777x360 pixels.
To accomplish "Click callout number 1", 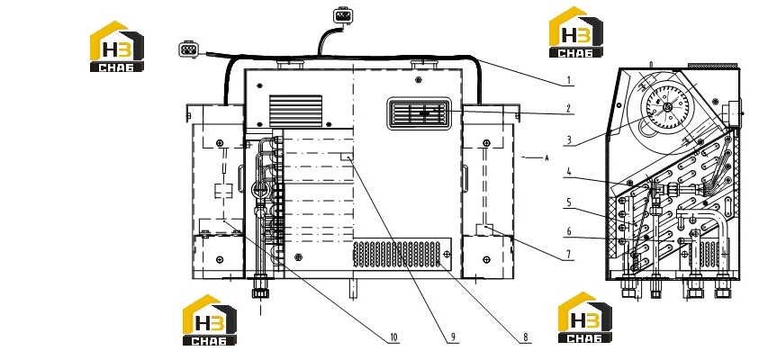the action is pos(569,80).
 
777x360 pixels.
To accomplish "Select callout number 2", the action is pos(569,108).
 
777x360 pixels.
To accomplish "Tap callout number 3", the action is pos(569,140).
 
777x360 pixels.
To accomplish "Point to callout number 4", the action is pos(569,172).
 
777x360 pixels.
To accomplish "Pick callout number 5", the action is pos(569,202).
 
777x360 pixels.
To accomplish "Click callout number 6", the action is pos(569,231).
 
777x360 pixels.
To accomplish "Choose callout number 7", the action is pos(569,255).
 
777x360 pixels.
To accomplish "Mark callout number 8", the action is pos(526,337).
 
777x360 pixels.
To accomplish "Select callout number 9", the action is pos(452,337).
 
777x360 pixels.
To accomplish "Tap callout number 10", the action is pos(393,337).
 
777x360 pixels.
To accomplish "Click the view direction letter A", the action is pos(547,158).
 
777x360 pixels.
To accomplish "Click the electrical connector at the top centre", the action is pos(342,15).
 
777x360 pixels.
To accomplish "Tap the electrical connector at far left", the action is pos(188,49).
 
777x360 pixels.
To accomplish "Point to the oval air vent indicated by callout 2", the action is pos(420,113).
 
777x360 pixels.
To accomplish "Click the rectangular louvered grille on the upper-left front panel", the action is pos(295,111).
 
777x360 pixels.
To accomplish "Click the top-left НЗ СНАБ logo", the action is pos(117,47).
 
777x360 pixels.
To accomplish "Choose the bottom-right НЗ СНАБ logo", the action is pos(584,318).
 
